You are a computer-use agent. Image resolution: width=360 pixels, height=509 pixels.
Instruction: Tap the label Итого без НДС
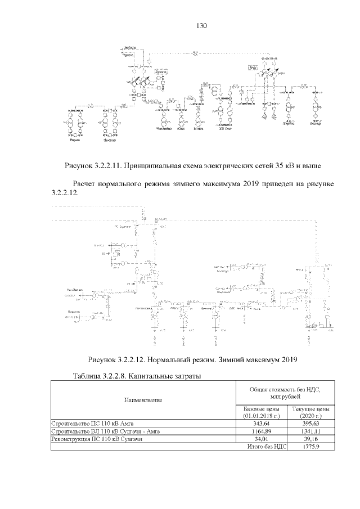[267, 447]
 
